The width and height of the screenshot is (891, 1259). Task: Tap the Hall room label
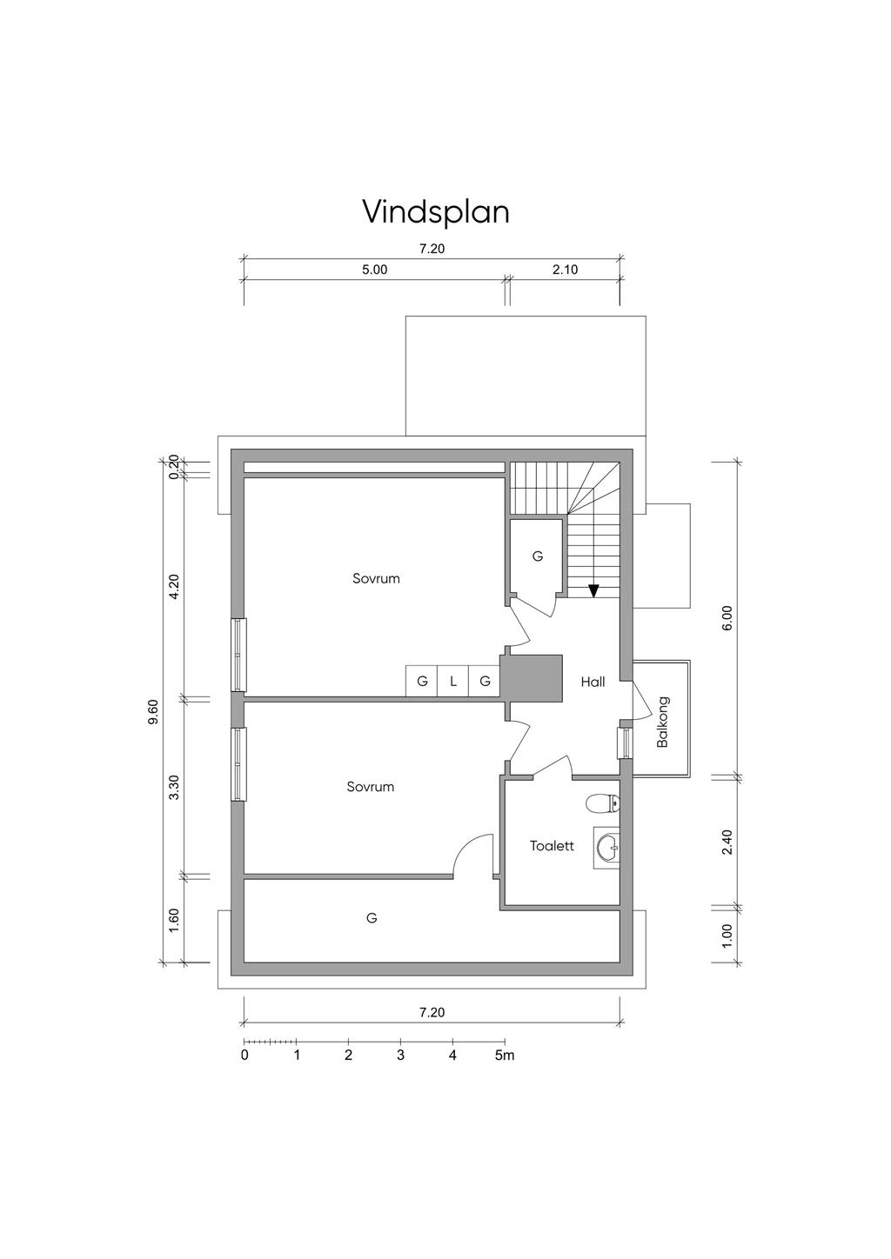(x=593, y=682)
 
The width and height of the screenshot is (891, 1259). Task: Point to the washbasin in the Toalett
(x=607, y=847)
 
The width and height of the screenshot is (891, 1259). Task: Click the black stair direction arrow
(x=593, y=590)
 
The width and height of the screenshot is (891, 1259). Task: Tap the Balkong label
(x=663, y=722)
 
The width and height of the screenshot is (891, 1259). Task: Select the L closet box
(x=452, y=681)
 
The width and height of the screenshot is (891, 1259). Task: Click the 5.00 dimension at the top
(x=375, y=270)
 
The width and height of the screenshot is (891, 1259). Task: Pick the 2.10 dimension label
(x=565, y=270)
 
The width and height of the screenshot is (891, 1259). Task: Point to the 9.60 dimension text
(x=153, y=711)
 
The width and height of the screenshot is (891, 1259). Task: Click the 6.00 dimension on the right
(x=727, y=617)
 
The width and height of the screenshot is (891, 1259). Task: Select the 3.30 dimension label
(x=174, y=787)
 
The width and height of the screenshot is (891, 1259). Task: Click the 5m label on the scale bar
(x=505, y=1055)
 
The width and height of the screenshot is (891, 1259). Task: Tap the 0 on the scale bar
(x=245, y=1055)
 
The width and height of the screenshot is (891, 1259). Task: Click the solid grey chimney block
(x=533, y=678)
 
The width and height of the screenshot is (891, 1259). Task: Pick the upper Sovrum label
(x=376, y=578)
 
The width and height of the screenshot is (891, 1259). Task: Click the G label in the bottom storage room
(x=372, y=918)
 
